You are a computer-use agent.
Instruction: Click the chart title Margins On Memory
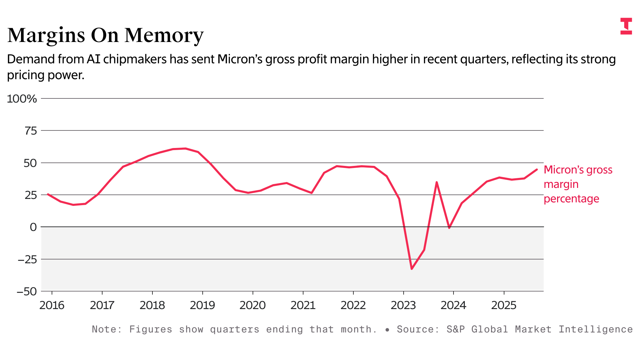[x=105, y=35]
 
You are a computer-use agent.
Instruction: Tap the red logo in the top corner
[x=626, y=26]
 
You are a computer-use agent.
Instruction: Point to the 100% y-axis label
[x=22, y=99]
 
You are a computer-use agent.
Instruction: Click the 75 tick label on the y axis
[x=30, y=131]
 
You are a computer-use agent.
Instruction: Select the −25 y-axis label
[x=27, y=260]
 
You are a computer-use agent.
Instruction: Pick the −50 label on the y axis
[x=27, y=292]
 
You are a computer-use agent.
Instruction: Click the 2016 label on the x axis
[x=52, y=305]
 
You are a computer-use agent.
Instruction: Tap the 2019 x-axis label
[x=202, y=305]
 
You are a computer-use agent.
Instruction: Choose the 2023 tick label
[x=403, y=305]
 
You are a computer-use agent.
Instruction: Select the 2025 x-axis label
[x=504, y=305]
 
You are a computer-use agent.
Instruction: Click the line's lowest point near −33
[x=412, y=269]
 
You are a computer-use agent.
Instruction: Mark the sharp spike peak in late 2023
[x=437, y=182]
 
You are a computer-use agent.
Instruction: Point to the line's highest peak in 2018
[x=185, y=148]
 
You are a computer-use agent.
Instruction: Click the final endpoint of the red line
[x=537, y=169]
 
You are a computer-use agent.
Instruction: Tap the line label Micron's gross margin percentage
[x=578, y=184]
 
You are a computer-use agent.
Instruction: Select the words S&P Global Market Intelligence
[x=540, y=329]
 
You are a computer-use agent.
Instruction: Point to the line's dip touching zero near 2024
[x=449, y=228]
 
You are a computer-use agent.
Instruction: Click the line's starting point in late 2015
[x=48, y=194]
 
